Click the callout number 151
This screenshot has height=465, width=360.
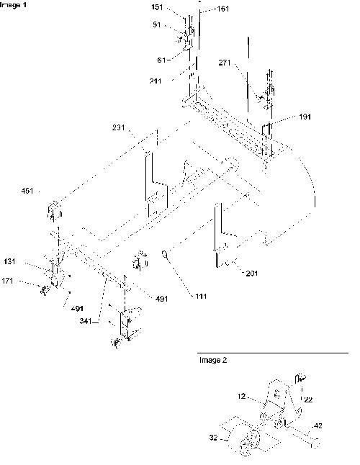157,6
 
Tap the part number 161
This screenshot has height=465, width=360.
223,9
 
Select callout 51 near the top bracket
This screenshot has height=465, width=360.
157,24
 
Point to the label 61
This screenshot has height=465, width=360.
161,60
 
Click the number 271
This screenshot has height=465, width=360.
225,63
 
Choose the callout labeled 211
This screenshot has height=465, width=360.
156,81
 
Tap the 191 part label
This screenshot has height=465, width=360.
305,117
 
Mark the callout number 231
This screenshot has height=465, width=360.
119,128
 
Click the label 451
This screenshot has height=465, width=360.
27,191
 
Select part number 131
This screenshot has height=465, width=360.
10,261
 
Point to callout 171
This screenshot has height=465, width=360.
7,281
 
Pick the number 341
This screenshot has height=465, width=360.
86,321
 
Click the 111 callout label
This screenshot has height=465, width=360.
201,297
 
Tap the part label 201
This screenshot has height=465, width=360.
252,273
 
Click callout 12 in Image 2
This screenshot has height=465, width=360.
242,396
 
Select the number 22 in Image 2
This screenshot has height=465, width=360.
308,399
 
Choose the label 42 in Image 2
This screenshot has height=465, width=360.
318,426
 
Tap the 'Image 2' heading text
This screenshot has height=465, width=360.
213,360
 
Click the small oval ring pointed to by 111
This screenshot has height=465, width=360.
166,254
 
